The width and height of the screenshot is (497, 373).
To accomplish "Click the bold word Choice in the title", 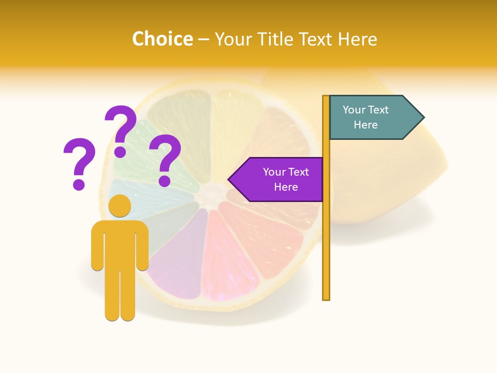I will tap(162, 39).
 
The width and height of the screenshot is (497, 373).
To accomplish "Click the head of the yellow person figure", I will tap(120, 206).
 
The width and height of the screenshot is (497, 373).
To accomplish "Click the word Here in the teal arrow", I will tap(366, 125).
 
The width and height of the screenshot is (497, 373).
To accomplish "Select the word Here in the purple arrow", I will tap(286, 187).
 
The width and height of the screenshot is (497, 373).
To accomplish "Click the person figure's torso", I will tap(120, 243).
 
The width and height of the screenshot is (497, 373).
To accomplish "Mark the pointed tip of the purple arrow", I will tap(229, 180).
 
